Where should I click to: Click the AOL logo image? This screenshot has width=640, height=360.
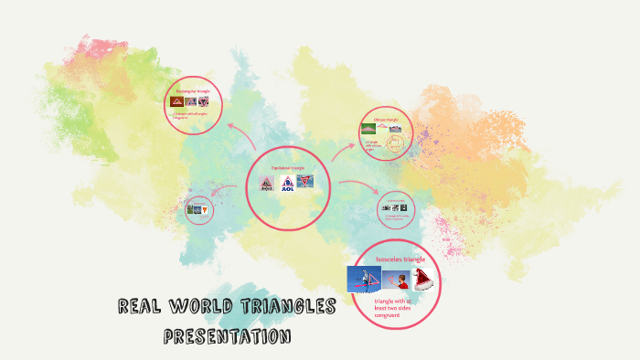[x=286, y=183]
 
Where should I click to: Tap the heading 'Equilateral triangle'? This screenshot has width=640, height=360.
[x=287, y=168]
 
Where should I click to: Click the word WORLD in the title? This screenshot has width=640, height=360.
[x=208, y=306]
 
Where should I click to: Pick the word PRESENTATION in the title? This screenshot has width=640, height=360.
[x=227, y=336]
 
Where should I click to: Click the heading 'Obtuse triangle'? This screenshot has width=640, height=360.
[x=386, y=120]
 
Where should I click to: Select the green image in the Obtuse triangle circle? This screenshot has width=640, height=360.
[x=368, y=129]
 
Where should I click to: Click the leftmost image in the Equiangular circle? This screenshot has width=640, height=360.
[x=177, y=101]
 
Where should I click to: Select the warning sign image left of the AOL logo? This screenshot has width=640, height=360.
[x=266, y=183]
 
